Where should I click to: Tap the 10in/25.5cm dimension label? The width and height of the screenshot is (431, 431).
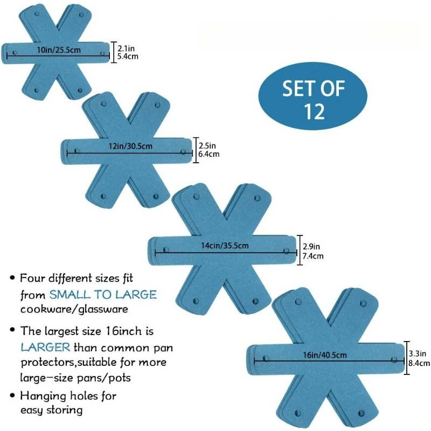click(x=59, y=50)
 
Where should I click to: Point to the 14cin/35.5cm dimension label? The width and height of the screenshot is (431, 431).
click(x=225, y=246)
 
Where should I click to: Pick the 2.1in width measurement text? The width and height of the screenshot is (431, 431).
click(x=124, y=48)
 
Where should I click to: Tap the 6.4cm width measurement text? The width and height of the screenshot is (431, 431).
click(x=208, y=154)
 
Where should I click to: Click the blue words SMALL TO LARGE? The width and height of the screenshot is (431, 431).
click(x=103, y=294)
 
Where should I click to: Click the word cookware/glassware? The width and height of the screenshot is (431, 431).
click(x=74, y=310)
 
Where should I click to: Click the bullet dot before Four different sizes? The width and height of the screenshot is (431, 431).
click(x=12, y=279)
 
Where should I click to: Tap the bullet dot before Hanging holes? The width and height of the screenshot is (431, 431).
click(x=12, y=397)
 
